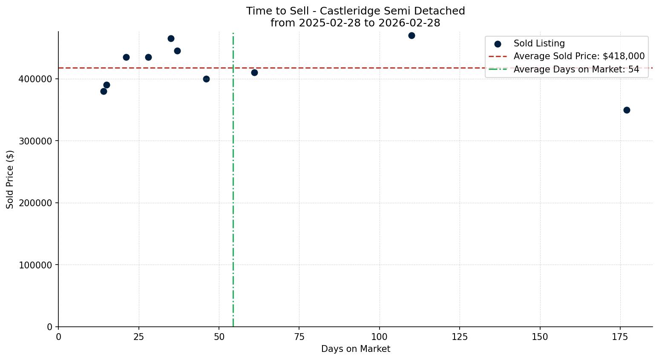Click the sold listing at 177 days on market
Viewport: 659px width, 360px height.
pyautogui.click(x=627, y=110)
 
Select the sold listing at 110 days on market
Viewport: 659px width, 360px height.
pyautogui.click(x=412, y=35)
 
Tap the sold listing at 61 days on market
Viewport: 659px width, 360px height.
pyautogui.click(x=254, y=72)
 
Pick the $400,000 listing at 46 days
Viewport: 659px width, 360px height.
pyautogui.click(x=206, y=79)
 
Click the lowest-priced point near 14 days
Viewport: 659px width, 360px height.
pyautogui.click(x=104, y=91)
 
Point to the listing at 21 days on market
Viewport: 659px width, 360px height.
pyautogui.click(x=126, y=57)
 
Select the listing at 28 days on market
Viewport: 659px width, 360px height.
pyautogui.click(x=148, y=57)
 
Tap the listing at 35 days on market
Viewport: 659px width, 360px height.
pyautogui.click(x=171, y=38)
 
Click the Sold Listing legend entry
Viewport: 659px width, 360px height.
pyautogui.click(x=539, y=43)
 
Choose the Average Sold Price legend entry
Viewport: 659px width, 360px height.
pyautogui.click(x=578, y=56)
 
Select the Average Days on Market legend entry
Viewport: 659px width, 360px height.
pyautogui.click(x=576, y=69)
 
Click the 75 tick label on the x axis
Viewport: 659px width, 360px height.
pyautogui.click(x=299, y=337)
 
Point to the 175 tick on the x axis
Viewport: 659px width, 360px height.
pyautogui.click(x=620, y=337)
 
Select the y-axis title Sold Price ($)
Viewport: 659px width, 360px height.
pyautogui.click(x=10, y=179)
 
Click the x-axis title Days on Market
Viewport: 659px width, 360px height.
pyautogui.click(x=355, y=349)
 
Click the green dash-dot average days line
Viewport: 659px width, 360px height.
pyautogui.click(x=233, y=192)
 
